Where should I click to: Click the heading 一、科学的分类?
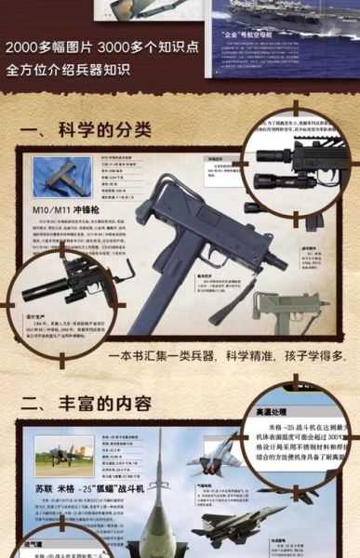pos(86,131)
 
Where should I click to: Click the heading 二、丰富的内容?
pos(86,403)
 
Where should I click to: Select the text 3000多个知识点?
pos(149,47)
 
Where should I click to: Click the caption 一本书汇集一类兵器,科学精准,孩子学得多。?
pos(227,356)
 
